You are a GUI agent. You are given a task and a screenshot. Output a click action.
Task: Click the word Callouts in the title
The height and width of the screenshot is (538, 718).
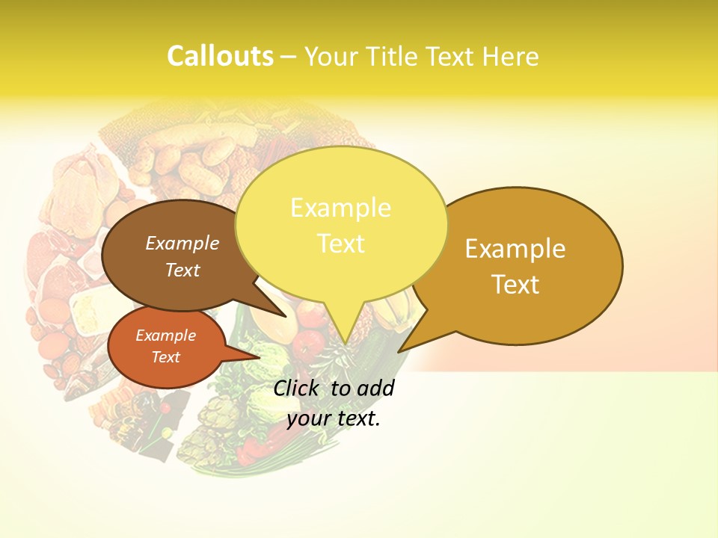[220, 56]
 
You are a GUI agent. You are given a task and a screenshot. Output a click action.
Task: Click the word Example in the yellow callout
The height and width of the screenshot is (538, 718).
[340, 208]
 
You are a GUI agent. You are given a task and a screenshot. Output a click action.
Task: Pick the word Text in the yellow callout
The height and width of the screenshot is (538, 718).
[340, 244]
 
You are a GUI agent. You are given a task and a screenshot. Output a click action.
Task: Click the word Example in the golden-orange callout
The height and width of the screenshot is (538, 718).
[515, 248]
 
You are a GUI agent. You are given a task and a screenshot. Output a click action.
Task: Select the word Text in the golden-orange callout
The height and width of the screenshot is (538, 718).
[515, 284]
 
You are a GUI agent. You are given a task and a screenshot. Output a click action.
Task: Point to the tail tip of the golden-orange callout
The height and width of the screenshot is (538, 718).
[399, 351]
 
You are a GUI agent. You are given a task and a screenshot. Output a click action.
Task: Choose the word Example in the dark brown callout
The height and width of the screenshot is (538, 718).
[182, 243]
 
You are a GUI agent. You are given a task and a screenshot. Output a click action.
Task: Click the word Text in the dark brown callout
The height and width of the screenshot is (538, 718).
[182, 270]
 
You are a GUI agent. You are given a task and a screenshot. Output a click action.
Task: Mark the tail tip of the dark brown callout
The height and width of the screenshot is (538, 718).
[286, 316]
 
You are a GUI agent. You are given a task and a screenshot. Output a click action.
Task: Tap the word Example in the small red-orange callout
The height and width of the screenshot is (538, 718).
[165, 336]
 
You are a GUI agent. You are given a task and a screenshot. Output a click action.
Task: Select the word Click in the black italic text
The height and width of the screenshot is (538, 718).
[295, 388]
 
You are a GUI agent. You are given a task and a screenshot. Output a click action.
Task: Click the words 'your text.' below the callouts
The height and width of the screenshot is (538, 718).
[333, 418]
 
